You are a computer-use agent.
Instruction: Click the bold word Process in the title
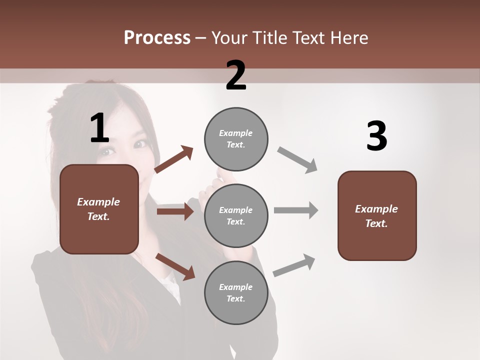tap(157, 38)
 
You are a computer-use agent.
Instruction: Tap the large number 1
tap(99, 128)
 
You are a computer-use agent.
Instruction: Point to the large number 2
tap(236, 75)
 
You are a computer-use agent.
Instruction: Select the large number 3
tap(376, 136)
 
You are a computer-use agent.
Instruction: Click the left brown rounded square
tap(99, 209)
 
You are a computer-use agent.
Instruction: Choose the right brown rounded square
tap(377, 215)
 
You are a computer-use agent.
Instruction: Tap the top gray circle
tap(236, 139)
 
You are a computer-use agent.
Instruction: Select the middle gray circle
tap(236, 215)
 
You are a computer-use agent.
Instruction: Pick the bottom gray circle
tap(236, 292)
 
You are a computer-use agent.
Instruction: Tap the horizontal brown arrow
tap(175, 211)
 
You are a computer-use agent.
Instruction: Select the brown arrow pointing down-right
tap(175, 266)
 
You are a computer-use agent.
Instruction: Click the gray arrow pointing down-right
tap(297, 159)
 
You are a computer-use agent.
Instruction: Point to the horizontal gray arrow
tap(295, 210)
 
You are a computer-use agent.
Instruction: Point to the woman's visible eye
tap(140, 144)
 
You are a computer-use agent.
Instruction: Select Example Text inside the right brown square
tap(376, 216)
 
